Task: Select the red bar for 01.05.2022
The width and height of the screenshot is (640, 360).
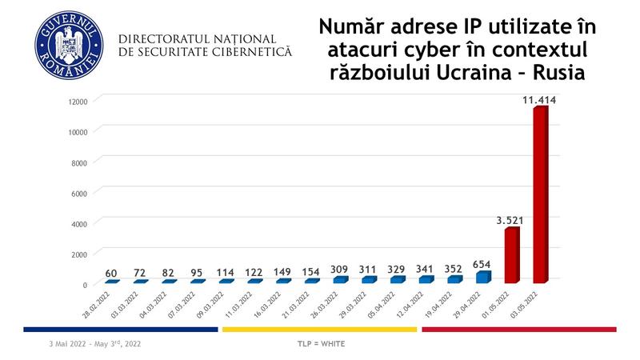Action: pyautogui.click(x=512, y=256)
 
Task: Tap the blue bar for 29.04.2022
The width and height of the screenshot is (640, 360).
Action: pyautogui.click(x=482, y=277)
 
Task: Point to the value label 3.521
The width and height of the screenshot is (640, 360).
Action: pyautogui.click(x=510, y=220)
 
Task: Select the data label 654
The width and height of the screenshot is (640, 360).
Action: pyautogui.click(x=482, y=264)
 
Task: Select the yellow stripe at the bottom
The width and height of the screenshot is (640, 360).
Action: pyautogui.click(x=319, y=328)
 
